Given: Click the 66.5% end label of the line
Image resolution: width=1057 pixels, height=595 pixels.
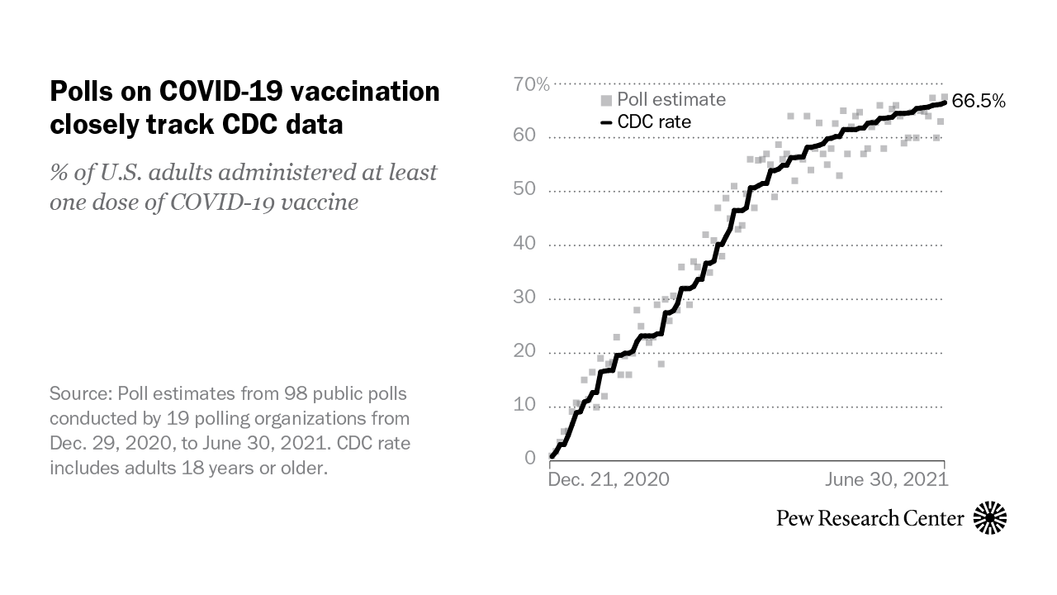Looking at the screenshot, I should [x=979, y=102].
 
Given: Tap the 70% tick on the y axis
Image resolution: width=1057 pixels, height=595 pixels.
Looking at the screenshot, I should [x=531, y=83].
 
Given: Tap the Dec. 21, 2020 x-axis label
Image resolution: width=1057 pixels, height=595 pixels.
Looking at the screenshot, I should [x=609, y=479].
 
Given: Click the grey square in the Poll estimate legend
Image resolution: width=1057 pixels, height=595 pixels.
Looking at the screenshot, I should [x=605, y=100].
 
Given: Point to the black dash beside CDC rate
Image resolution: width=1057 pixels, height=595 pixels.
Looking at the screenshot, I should [x=605, y=122].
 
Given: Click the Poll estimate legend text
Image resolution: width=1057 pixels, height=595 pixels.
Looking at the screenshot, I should [x=672, y=99].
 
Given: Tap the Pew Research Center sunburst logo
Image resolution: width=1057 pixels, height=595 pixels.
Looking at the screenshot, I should [x=990, y=518].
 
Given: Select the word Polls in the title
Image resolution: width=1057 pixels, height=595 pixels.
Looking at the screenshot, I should [x=77, y=91].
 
